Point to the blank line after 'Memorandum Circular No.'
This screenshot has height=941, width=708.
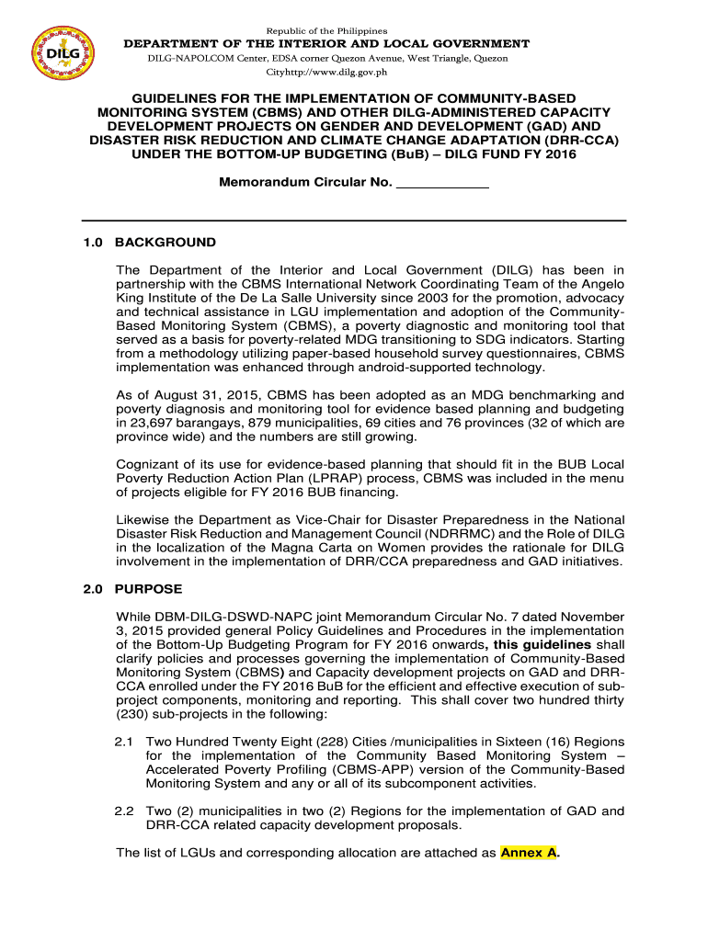(x=441, y=183)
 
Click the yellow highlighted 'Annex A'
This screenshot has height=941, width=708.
(x=529, y=853)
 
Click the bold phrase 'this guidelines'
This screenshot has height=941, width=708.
(x=544, y=644)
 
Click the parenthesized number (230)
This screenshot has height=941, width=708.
(x=135, y=714)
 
